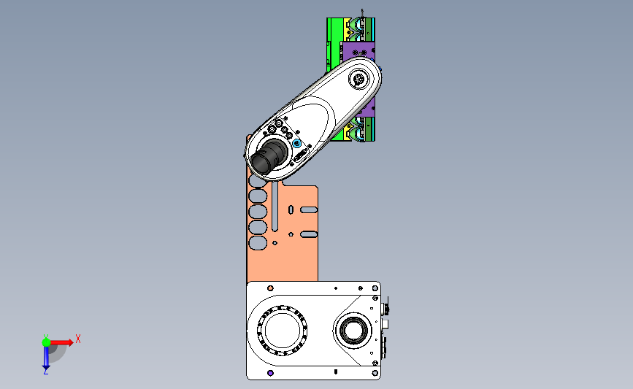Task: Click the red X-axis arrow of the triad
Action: [x=61, y=342]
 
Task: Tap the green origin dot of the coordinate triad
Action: [x=46, y=342]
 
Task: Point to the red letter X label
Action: [x=78, y=339]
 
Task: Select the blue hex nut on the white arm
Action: [x=296, y=143]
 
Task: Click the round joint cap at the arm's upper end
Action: [x=358, y=79]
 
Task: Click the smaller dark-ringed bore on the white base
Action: [x=353, y=330]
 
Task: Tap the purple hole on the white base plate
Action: [x=270, y=373]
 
